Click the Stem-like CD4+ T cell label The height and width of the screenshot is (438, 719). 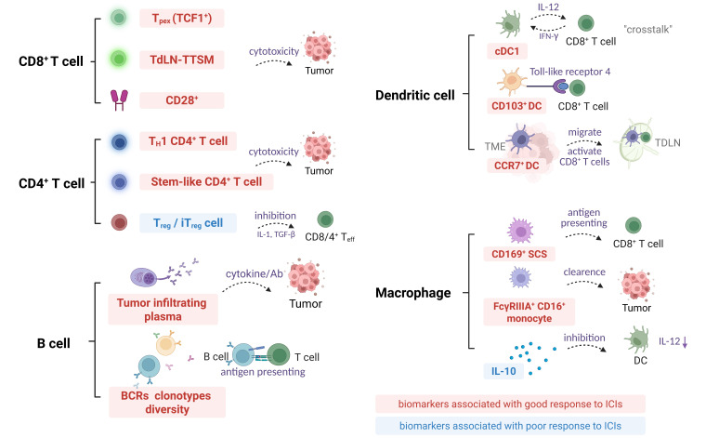click(183, 181)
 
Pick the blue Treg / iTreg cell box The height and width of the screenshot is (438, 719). click(183, 222)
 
